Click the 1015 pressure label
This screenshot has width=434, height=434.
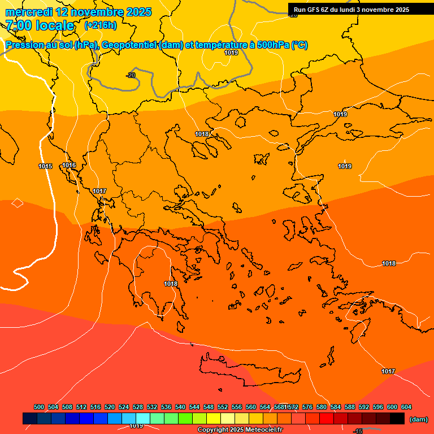[45, 166]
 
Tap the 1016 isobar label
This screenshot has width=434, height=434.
[69, 165]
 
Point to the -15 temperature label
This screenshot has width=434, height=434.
[358, 431]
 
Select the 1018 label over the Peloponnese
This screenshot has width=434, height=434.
[171, 284]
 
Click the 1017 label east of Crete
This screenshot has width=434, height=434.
[388, 371]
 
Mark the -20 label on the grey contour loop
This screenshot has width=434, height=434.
[131, 75]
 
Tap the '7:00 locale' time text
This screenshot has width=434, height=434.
[40, 25]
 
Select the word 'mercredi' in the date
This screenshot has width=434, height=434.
[28, 12]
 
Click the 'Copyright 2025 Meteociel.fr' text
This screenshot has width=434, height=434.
[240, 430]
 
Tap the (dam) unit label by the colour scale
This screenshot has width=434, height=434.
[418, 419]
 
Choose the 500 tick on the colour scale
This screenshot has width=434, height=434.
[39, 407]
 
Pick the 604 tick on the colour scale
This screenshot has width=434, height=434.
[406, 407]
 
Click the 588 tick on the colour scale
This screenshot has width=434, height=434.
[350, 407]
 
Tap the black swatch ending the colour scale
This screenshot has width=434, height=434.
[397, 419]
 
